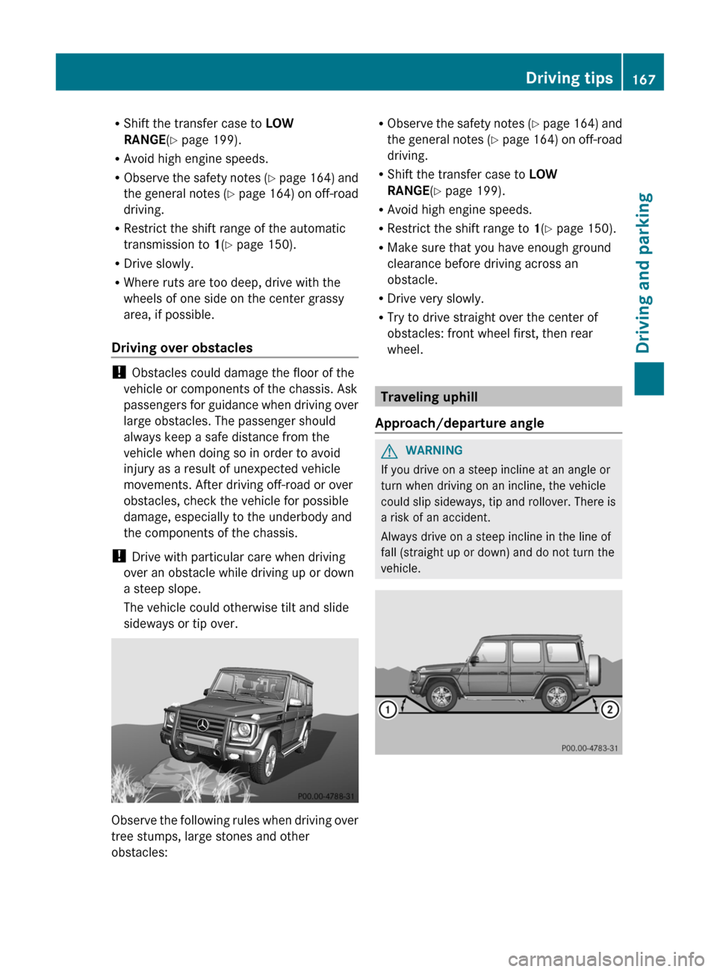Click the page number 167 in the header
[643, 78]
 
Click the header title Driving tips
[568, 78]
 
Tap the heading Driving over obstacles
[181, 348]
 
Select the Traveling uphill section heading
[429, 397]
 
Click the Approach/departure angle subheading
[459, 423]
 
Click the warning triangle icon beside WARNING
[389, 451]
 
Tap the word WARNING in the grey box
[434, 451]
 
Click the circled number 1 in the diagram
[387, 709]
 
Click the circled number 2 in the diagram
[609, 709]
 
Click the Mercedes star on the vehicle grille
[202, 724]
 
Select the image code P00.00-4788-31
[326, 797]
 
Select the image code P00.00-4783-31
[589, 748]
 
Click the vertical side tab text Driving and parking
[644, 272]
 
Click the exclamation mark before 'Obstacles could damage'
[118, 373]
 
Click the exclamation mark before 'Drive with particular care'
[118, 557]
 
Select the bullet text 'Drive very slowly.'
[435, 299]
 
